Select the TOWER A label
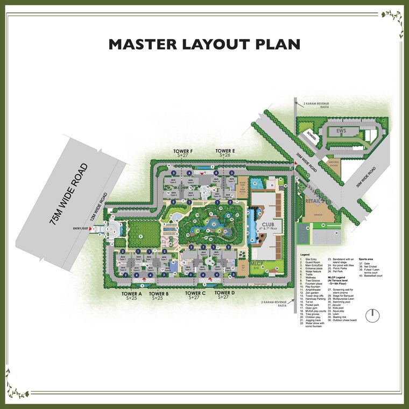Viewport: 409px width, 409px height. point(131,293)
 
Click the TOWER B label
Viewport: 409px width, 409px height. point(160,293)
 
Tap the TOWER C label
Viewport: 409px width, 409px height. point(196,293)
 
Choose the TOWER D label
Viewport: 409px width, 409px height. point(224,293)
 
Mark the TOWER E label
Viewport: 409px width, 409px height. point(225,151)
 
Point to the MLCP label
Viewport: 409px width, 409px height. point(257,263)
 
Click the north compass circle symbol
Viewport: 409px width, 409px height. point(370,315)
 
